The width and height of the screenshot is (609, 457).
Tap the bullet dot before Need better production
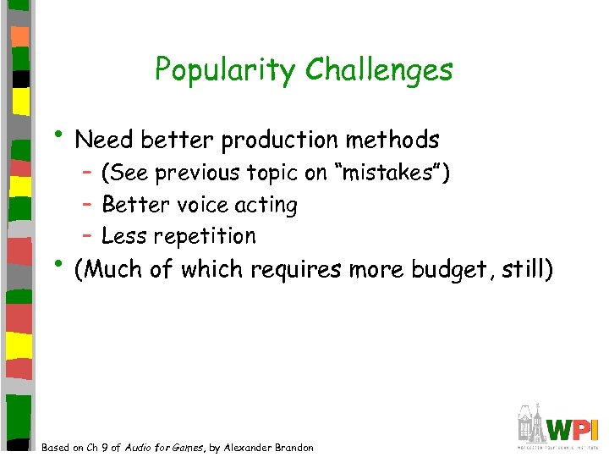[62, 135]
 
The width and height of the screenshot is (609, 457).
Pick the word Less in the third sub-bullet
[120, 235]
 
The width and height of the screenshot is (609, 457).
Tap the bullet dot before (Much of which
[62, 264]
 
